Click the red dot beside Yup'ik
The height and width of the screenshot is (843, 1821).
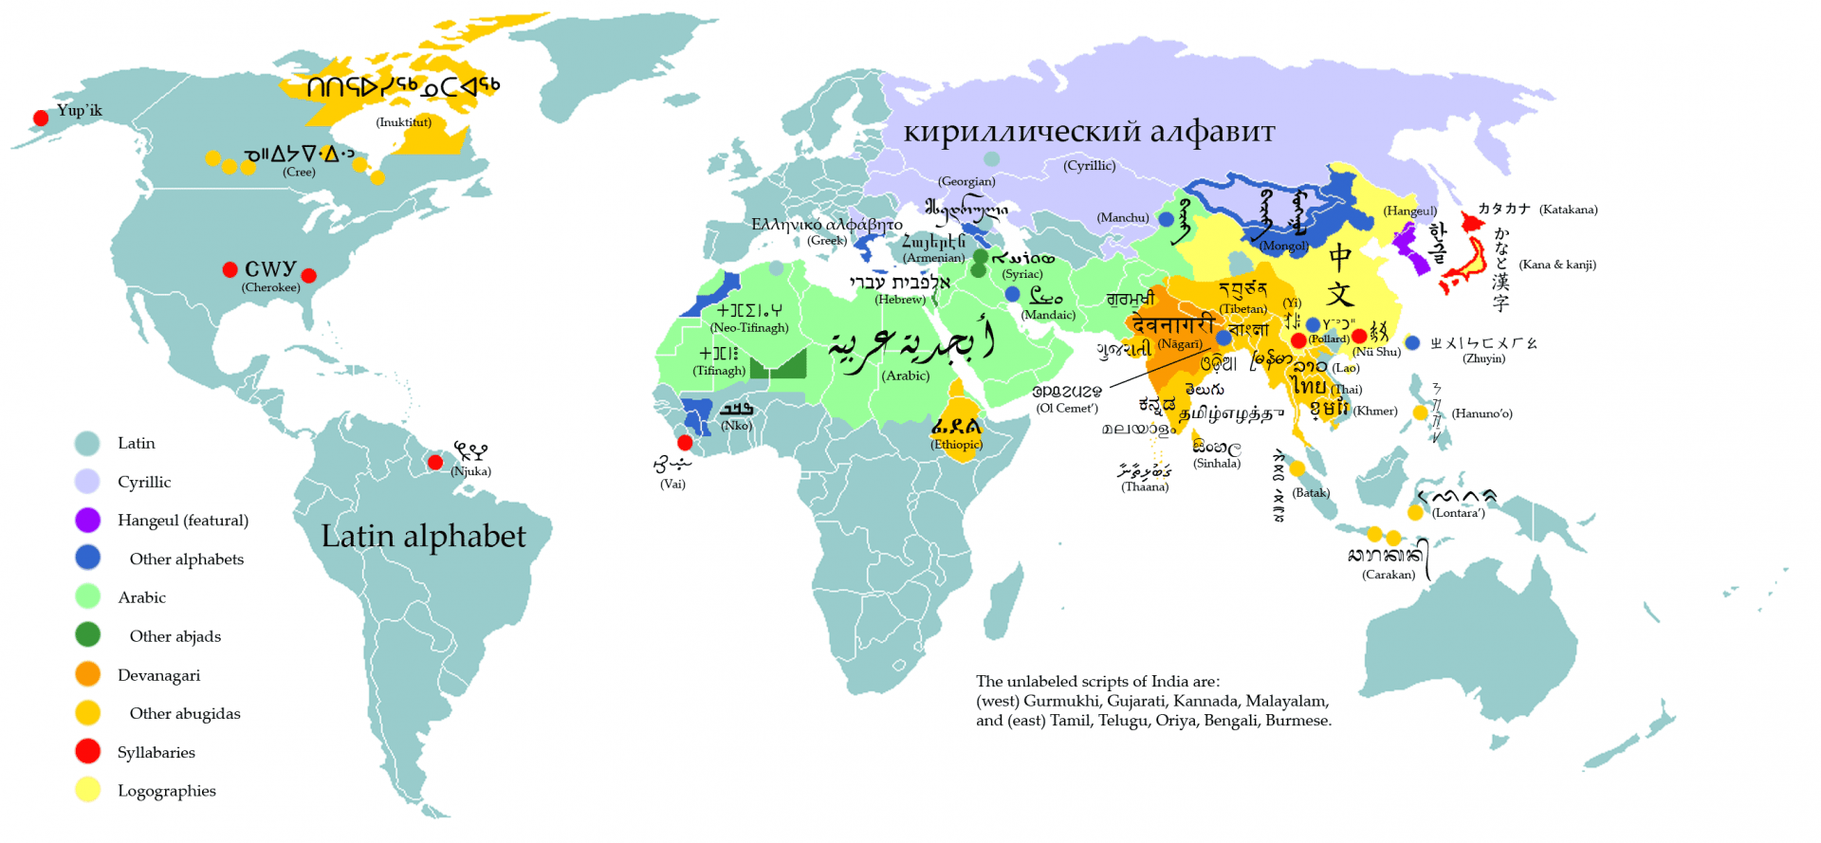pyautogui.click(x=41, y=119)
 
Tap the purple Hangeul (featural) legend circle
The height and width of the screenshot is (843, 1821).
pyautogui.click(x=87, y=520)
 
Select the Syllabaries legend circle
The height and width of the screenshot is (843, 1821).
pyautogui.click(x=87, y=751)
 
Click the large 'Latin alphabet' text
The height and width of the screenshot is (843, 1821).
pyautogui.click(x=423, y=537)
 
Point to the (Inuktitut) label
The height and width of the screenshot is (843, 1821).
pyautogui.click(x=404, y=122)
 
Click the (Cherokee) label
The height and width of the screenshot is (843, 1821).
pyautogui.click(x=270, y=287)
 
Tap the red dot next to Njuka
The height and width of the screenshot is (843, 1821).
pyautogui.click(x=434, y=463)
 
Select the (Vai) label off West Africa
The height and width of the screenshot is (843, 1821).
pyautogui.click(x=672, y=484)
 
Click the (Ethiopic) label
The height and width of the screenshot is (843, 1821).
pyautogui.click(x=956, y=444)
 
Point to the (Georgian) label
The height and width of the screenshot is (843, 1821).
pyautogui.click(x=966, y=181)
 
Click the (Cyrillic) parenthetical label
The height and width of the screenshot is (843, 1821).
pyautogui.click(x=1089, y=165)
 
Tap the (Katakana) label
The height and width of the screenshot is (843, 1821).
pyautogui.click(x=1568, y=210)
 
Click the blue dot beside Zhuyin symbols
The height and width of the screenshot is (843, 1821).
pyautogui.click(x=1412, y=343)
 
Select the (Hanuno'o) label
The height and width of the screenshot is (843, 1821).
pyautogui.click(x=1481, y=413)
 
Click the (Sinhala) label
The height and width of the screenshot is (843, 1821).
pyautogui.click(x=1217, y=464)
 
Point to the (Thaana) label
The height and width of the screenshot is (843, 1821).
pyautogui.click(x=1145, y=486)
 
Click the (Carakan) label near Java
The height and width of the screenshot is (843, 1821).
pyautogui.click(x=1389, y=575)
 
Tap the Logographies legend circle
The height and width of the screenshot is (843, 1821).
pyautogui.click(x=87, y=790)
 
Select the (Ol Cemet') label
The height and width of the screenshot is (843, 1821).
pyautogui.click(x=1067, y=408)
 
